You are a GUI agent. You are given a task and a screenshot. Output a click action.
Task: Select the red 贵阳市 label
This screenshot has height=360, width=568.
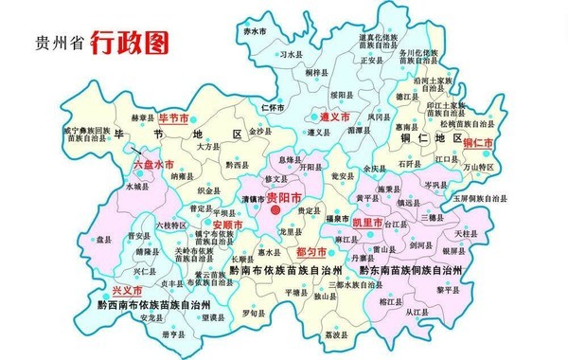284,198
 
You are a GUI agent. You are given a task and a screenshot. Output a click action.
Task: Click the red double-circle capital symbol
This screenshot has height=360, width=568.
276,212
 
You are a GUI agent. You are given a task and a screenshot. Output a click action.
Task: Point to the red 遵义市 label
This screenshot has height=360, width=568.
333,116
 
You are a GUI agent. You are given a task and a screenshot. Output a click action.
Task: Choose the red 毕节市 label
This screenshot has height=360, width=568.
173,118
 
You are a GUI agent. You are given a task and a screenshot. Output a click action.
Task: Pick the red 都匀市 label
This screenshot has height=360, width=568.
311,253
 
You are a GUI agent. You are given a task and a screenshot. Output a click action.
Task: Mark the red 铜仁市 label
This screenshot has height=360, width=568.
480,142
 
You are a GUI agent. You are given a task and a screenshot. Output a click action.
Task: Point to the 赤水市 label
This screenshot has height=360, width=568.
255,32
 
